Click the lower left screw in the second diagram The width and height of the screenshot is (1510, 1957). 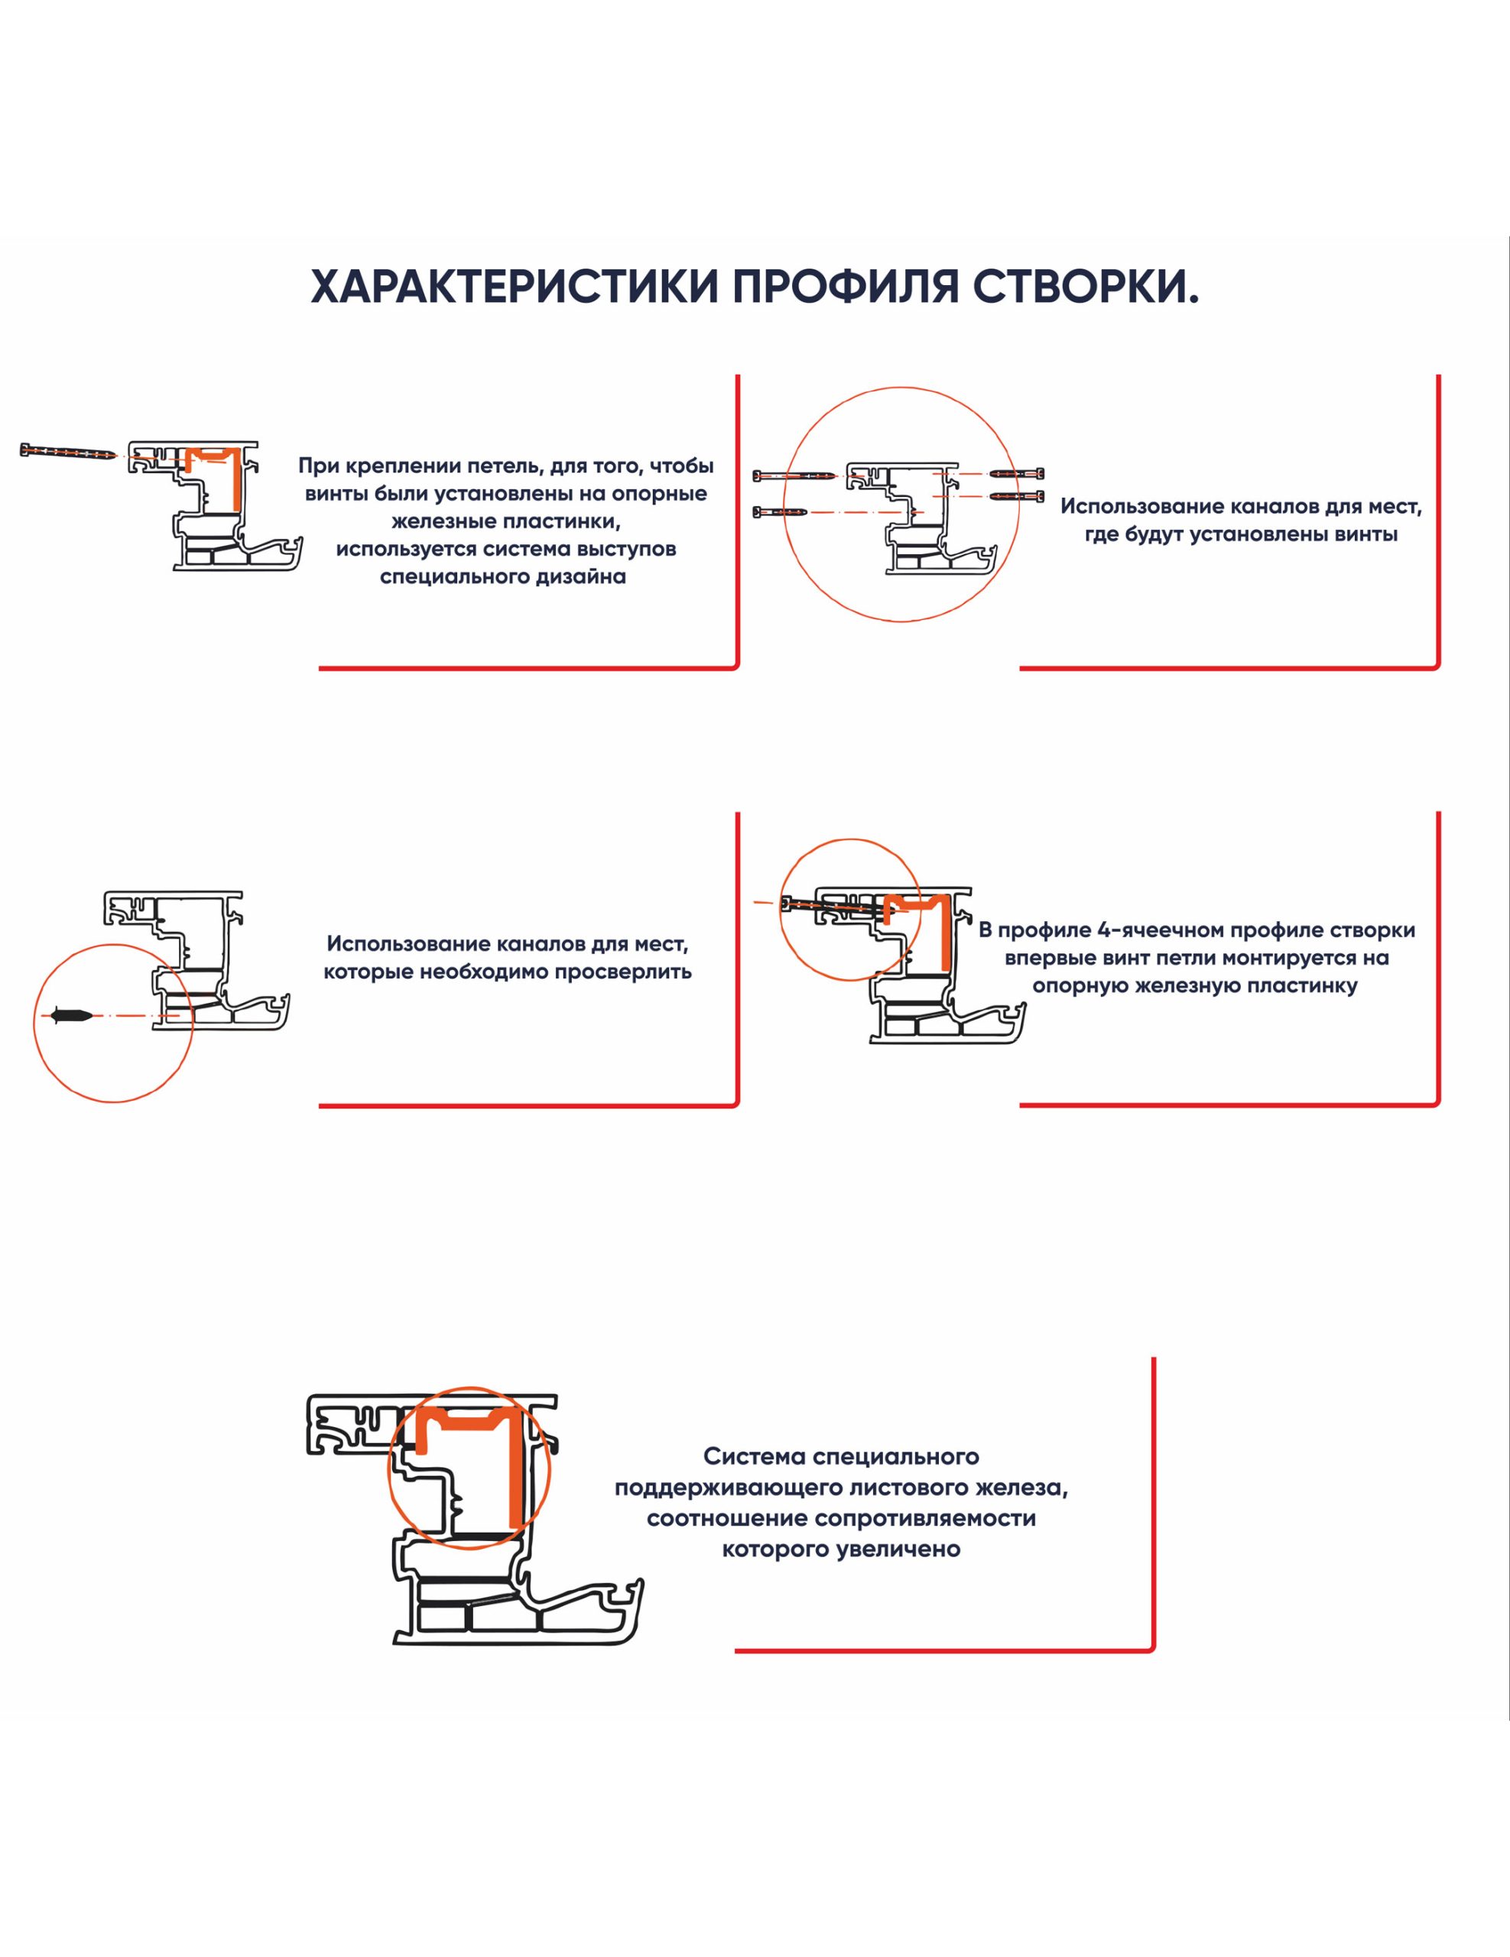[781, 511]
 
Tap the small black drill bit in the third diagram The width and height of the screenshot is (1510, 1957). [72, 1016]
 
